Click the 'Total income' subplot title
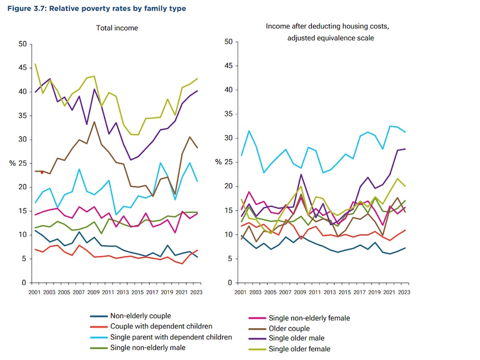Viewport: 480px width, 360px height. pos(117,28)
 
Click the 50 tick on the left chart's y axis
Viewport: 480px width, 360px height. pos(22,43)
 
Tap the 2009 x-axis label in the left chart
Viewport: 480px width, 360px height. pos(94,292)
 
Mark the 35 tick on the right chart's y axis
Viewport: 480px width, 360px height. pos(228,114)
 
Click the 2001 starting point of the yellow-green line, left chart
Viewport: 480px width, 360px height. pos(35,64)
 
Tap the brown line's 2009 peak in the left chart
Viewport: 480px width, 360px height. pos(94,121)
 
